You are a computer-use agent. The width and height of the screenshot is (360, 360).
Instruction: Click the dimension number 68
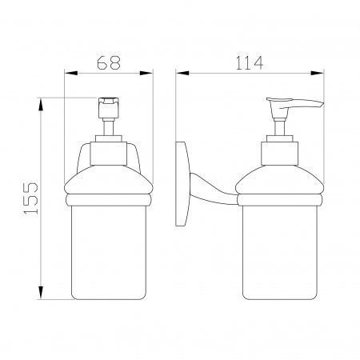click(109, 62)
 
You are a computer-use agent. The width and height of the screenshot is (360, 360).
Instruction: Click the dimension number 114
click(250, 63)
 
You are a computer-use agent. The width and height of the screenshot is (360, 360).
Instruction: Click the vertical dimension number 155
click(31, 198)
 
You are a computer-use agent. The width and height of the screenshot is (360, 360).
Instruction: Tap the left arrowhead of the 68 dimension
click(71, 73)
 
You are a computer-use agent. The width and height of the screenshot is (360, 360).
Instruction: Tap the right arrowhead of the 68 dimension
click(146, 73)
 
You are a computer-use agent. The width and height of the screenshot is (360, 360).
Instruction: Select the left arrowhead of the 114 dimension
click(182, 73)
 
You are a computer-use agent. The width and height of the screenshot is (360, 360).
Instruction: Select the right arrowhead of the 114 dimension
click(317, 73)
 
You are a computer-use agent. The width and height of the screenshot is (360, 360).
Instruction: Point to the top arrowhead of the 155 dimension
click(41, 105)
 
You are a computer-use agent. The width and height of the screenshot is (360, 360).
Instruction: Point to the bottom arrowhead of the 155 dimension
click(41, 293)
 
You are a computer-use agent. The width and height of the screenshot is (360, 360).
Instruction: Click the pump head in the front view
click(109, 108)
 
